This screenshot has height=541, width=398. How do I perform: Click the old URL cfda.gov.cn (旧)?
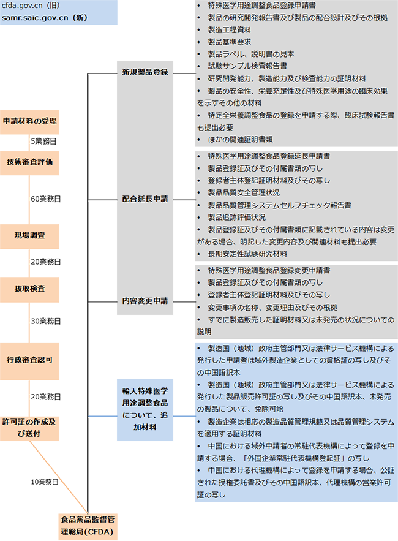(31, 6)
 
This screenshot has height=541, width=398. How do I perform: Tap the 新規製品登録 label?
(145, 72)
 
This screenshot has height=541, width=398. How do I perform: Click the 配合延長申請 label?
(145, 199)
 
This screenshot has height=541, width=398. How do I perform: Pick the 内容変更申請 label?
(145, 301)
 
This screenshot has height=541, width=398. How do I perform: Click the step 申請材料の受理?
(29, 121)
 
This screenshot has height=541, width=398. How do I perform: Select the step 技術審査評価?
(29, 162)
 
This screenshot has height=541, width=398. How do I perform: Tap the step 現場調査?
(29, 235)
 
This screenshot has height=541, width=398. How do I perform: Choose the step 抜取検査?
(29, 287)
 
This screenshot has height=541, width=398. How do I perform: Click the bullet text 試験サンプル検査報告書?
(249, 66)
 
